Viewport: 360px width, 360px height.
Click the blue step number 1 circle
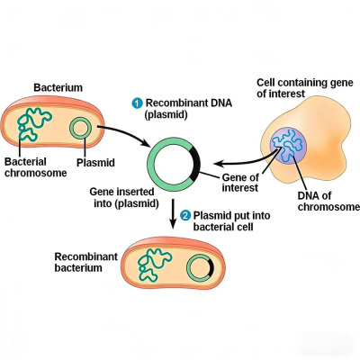(137, 103)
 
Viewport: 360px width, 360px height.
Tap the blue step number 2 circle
(185, 216)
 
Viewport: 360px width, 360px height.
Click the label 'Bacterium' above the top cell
(58, 87)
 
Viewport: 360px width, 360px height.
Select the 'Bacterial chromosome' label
(35, 167)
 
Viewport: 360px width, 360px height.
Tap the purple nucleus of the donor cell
(288, 146)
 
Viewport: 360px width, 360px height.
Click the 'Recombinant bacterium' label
(85, 262)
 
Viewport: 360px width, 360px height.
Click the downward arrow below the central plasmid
(173, 213)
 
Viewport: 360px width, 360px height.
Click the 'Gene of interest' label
(240, 183)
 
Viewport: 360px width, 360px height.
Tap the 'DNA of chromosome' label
(328, 202)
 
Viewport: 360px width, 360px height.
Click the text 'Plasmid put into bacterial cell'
(231, 220)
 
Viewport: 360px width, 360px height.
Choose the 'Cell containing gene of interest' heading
(305, 88)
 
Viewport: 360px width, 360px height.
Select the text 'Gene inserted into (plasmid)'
(124, 197)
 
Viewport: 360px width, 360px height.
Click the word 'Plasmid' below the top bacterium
(95, 163)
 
